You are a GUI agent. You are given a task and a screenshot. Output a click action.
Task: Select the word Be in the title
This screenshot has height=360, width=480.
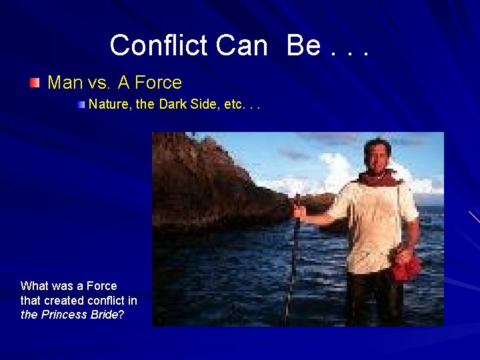click(x=303, y=45)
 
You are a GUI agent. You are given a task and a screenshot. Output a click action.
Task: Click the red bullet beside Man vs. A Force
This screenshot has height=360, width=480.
click(x=35, y=83)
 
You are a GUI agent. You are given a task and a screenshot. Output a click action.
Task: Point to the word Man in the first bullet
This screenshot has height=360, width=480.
click(x=65, y=83)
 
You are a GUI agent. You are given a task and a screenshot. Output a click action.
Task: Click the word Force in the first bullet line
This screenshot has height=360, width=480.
click(x=158, y=83)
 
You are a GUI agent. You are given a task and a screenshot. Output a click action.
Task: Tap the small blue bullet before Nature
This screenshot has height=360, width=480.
click(x=81, y=105)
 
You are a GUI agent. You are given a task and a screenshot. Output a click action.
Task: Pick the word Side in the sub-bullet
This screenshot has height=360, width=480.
click(x=203, y=105)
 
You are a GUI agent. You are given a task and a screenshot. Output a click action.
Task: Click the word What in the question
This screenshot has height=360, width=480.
click(x=35, y=286)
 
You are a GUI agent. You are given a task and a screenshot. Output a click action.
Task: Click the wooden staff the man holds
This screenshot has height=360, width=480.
click(x=294, y=253)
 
